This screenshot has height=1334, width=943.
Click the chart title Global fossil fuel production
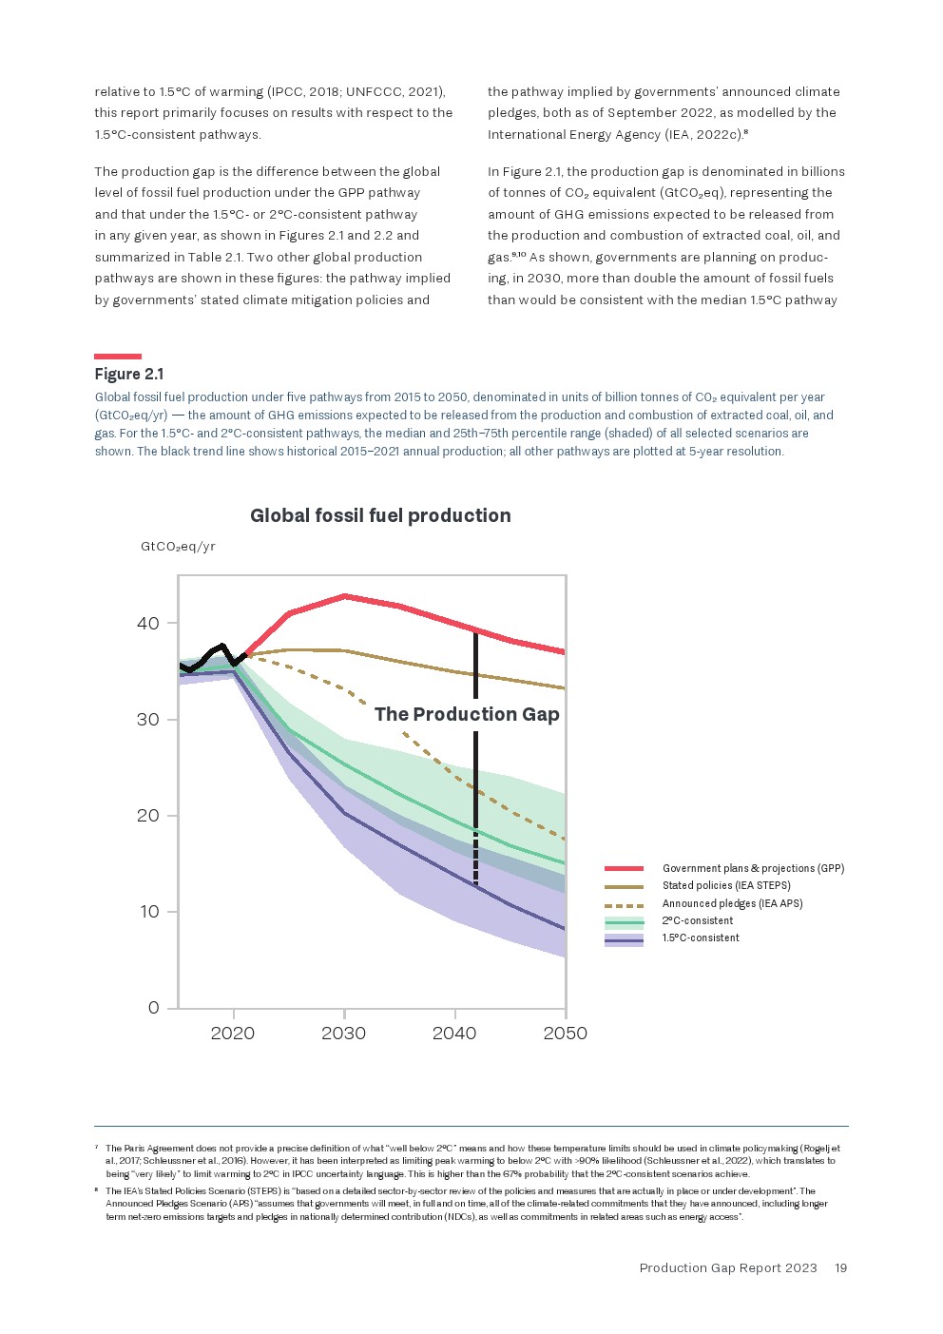coord(380,515)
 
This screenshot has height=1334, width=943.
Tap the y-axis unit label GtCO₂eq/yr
coord(178,547)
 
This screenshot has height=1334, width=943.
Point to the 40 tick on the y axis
coord(148,624)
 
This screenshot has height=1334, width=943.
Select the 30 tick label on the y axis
coord(148,720)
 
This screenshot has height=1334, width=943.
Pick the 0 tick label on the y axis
coord(154,1008)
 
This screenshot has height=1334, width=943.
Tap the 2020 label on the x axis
coord(233,1034)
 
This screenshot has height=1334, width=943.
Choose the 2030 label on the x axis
coord(344,1034)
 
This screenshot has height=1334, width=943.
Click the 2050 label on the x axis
coord(566,1034)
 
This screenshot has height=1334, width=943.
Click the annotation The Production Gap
coord(467,714)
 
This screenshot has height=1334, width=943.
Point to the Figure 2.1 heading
coord(129,374)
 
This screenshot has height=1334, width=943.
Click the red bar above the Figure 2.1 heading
coord(118,357)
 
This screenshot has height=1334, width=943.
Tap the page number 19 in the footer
coord(840,1267)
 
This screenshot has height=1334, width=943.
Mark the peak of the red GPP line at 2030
coord(344,596)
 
